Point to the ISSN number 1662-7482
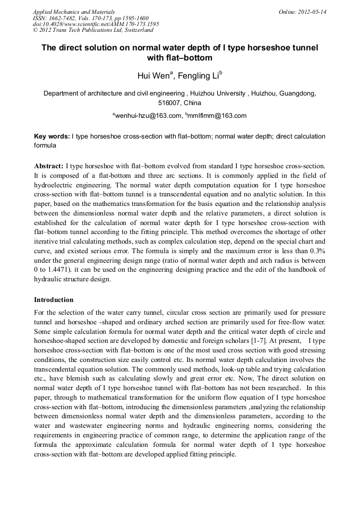65,18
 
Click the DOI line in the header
96,24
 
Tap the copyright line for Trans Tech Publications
93,30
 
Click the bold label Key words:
52,136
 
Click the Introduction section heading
54,300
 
